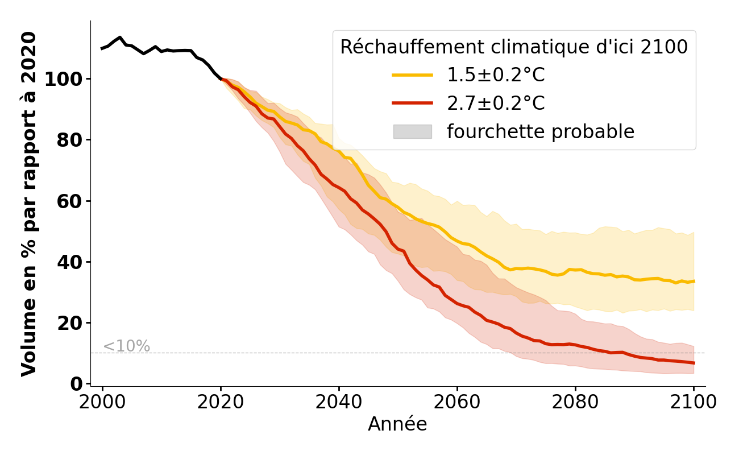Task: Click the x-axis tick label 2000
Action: tap(102, 402)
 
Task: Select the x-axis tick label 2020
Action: tap(221, 402)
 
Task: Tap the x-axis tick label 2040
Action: tap(339, 402)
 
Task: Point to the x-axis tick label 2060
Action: tap(457, 402)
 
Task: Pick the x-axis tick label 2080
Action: tap(575, 402)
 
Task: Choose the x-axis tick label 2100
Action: tap(693, 402)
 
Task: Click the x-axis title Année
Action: tap(397, 424)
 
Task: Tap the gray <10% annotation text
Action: tap(126, 346)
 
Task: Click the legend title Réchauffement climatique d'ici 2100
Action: tap(514, 47)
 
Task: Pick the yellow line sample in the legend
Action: tap(412, 75)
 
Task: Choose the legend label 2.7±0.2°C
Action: tap(496, 104)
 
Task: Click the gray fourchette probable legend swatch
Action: tap(412, 131)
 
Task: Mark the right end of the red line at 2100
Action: tap(694, 363)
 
